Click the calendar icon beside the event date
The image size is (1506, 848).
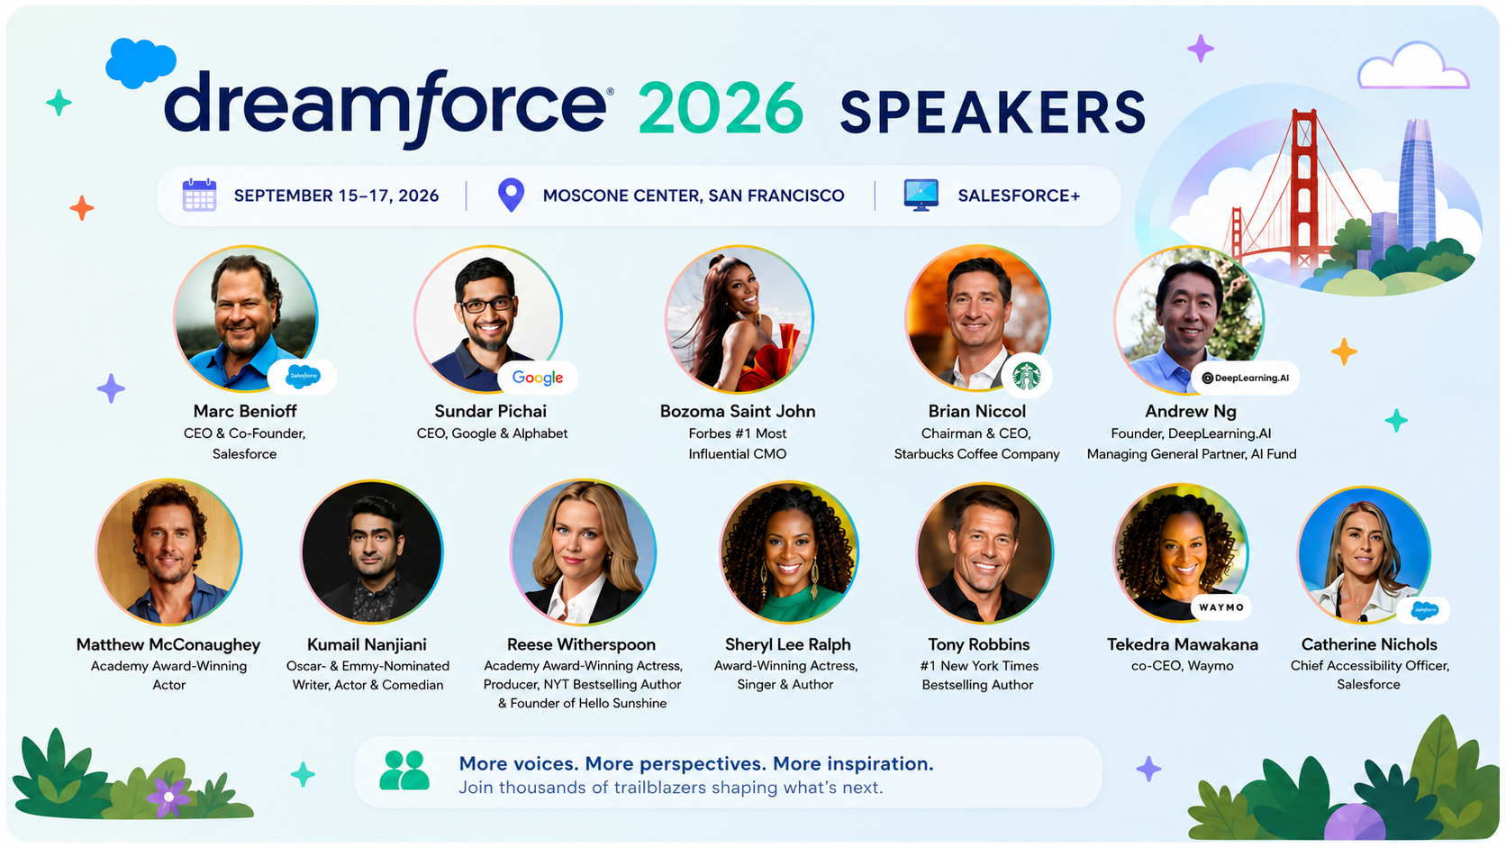point(200,195)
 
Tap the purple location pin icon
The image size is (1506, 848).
point(511,195)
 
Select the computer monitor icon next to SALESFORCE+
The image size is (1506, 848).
point(921,195)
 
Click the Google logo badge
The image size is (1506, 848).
point(538,378)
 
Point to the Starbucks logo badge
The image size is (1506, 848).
point(1027,376)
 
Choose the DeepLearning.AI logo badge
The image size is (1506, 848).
point(1245,378)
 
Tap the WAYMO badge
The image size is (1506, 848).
point(1221,607)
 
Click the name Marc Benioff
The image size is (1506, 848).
point(245,411)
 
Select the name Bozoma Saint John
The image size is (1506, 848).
point(738,411)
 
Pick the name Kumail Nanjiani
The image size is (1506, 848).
point(367,644)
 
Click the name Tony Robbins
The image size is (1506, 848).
point(979,644)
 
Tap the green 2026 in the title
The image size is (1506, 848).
point(721,107)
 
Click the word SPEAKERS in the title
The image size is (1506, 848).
point(993,112)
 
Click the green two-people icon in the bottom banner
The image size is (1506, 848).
point(404,770)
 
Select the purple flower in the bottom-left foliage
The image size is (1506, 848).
point(168,797)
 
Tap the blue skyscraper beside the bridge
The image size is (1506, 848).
point(1417,185)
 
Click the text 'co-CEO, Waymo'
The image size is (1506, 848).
point(1183,666)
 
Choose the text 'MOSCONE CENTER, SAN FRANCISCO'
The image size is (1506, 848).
point(694,196)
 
